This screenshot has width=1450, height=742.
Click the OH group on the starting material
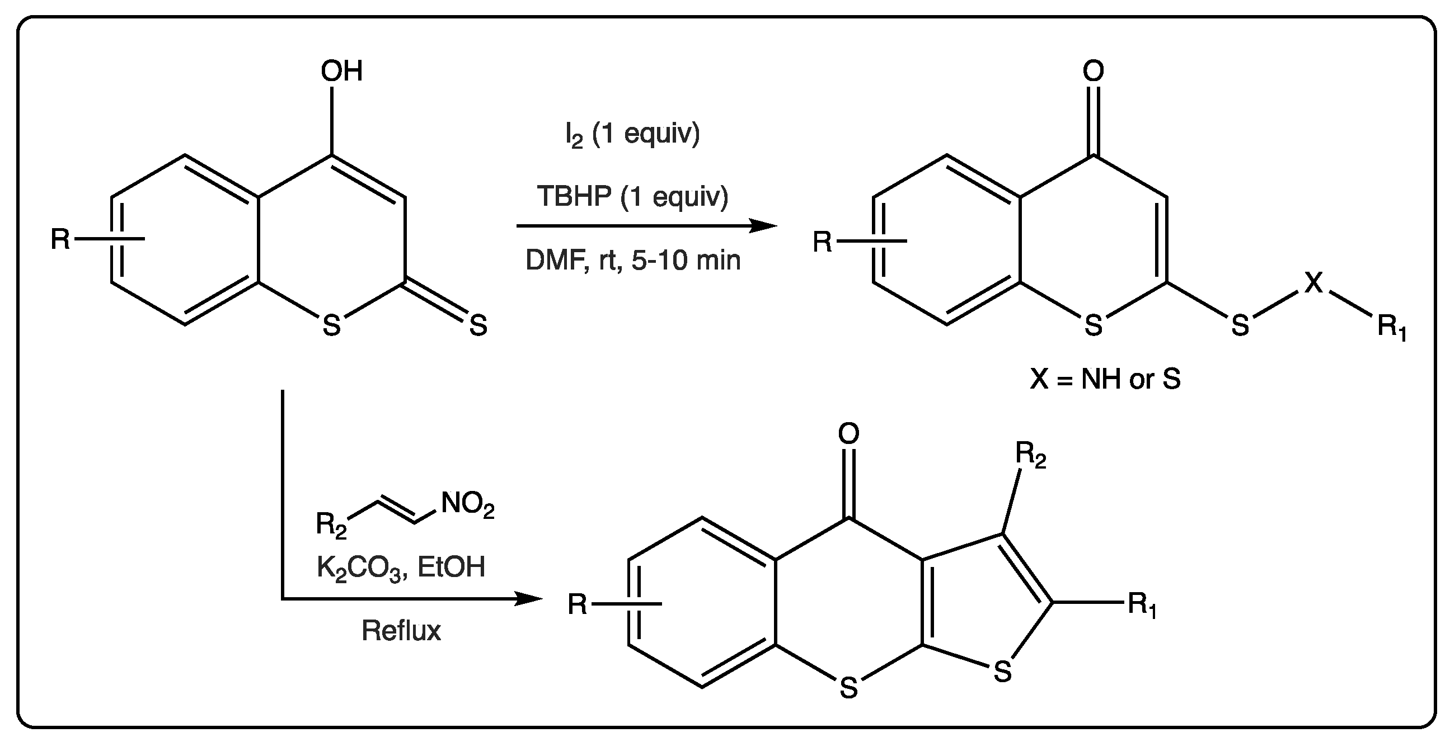(341, 72)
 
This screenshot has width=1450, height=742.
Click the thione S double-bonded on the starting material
(478, 325)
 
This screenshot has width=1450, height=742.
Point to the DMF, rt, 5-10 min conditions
(633, 261)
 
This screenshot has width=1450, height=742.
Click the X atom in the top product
(1313, 282)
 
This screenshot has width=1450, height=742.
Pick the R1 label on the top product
(1392, 328)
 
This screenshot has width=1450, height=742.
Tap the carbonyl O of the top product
(1093, 72)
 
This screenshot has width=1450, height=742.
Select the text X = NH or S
(1105, 379)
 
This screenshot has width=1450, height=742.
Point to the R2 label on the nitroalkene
(331, 525)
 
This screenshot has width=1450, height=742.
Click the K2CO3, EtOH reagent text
(401, 567)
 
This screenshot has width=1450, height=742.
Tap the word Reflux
(401, 630)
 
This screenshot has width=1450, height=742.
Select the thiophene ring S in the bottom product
(1002, 672)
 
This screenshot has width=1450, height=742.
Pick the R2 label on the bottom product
(1031, 455)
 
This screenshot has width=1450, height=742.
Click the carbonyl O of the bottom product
(848, 433)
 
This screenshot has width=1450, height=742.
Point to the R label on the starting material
(60, 239)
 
